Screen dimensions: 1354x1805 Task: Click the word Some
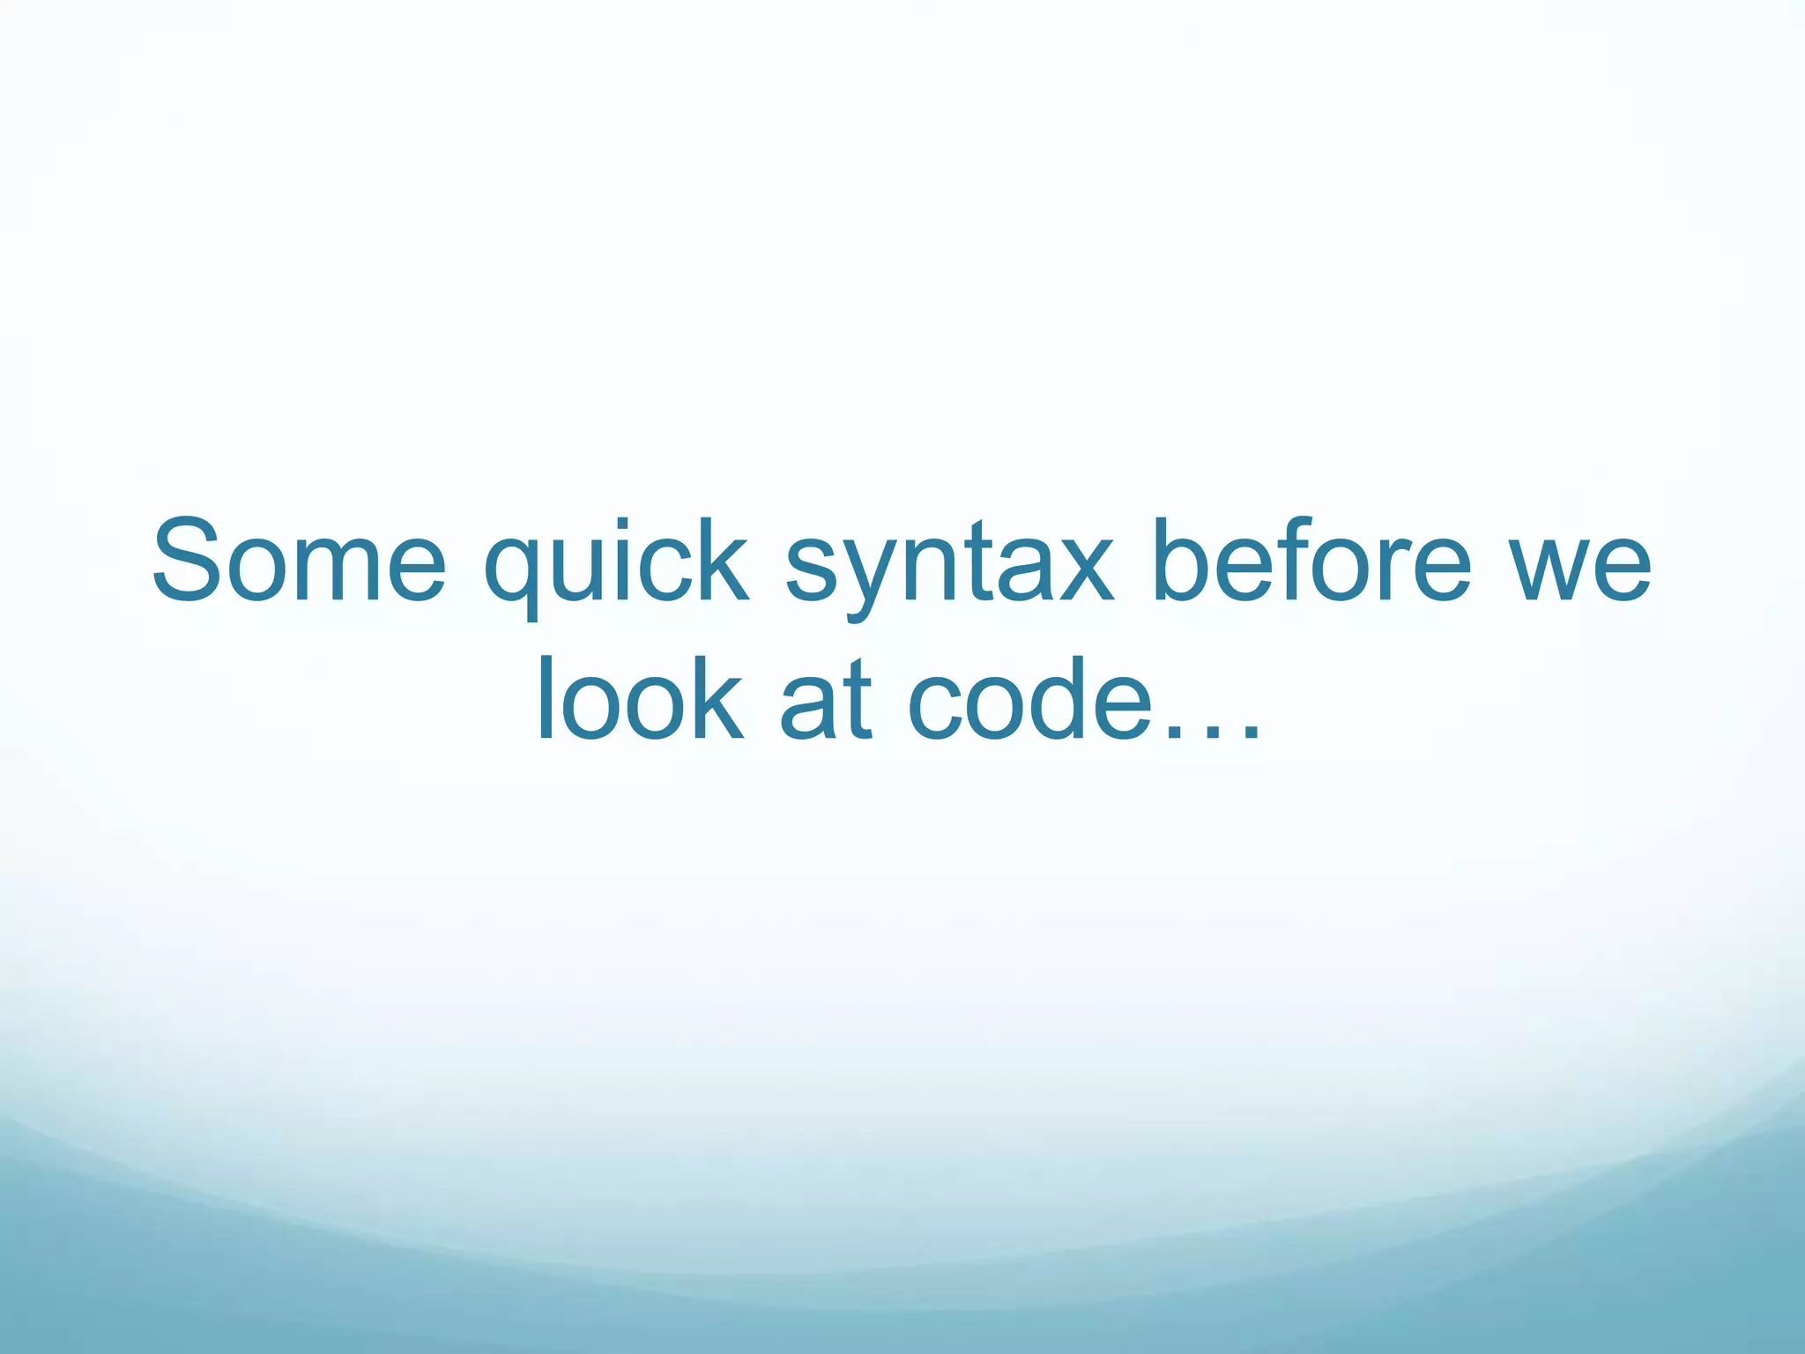coord(300,562)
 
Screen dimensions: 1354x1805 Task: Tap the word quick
coord(616,564)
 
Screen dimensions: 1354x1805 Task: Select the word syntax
coord(948,564)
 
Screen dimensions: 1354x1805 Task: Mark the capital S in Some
coord(186,562)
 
